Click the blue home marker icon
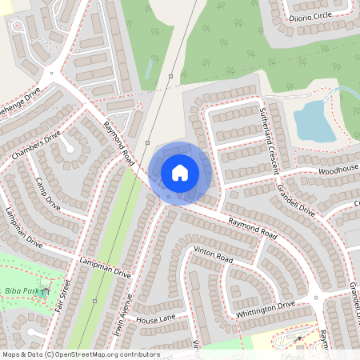(180, 172)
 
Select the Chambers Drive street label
(37, 144)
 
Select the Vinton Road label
(213, 256)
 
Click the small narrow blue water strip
(148, 70)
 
